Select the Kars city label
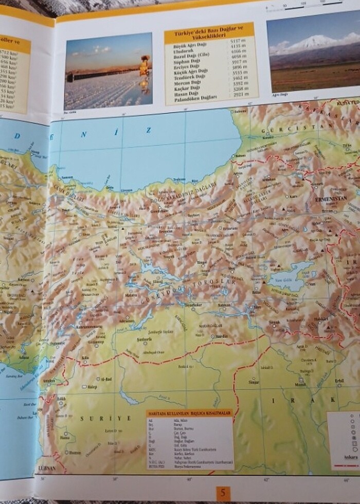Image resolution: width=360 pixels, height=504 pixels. [x=295, y=196]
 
